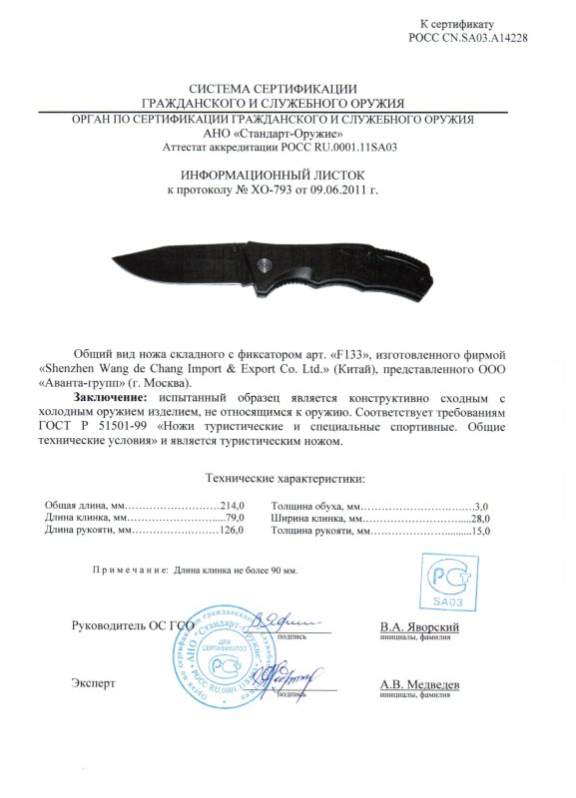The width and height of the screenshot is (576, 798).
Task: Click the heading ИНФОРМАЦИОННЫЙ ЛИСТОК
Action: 288,173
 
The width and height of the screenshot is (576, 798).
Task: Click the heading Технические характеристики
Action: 285,480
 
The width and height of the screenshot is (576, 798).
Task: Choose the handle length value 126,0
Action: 232,532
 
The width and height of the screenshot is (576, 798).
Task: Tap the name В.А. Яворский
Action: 419,626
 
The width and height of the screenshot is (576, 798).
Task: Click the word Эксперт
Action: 94,684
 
